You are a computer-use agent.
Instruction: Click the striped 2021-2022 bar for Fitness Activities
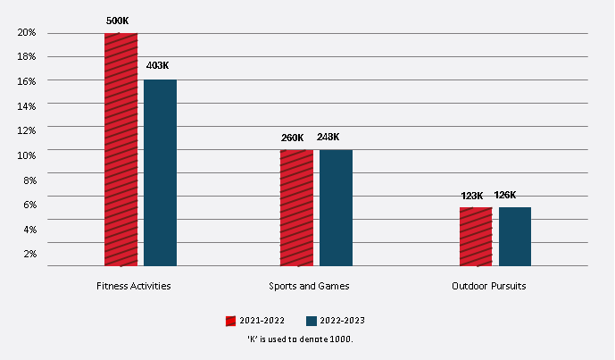pos(121,149)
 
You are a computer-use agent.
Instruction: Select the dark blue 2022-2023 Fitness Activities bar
pos(160,172)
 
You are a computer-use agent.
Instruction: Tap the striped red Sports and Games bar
pos(296,207)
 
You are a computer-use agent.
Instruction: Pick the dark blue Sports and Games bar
pos(336,207)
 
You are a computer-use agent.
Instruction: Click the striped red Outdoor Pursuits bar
pos(476,236)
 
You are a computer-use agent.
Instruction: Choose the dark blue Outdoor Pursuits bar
pos(515,236)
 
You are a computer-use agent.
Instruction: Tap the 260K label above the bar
pos(292,138)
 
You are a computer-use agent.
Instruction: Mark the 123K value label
pos(471,196)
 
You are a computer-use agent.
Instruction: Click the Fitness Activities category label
pos(134,286)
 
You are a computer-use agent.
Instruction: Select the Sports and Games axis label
pos(309,286)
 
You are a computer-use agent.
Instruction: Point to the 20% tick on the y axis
pos(27,33)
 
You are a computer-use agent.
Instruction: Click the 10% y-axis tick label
pos(27,155)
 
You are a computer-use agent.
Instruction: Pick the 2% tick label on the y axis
pos(29,254)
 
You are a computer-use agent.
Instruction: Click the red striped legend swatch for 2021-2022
pos(230,320)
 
